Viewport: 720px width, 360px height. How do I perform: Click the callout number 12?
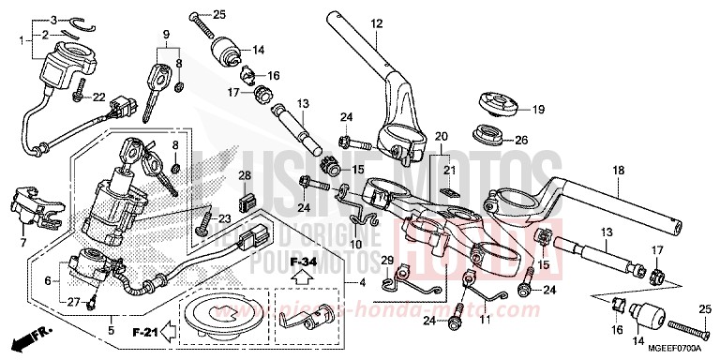[376, 22]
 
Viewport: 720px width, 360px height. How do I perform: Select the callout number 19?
[538, 110]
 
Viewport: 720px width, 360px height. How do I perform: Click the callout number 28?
[244, 176]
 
